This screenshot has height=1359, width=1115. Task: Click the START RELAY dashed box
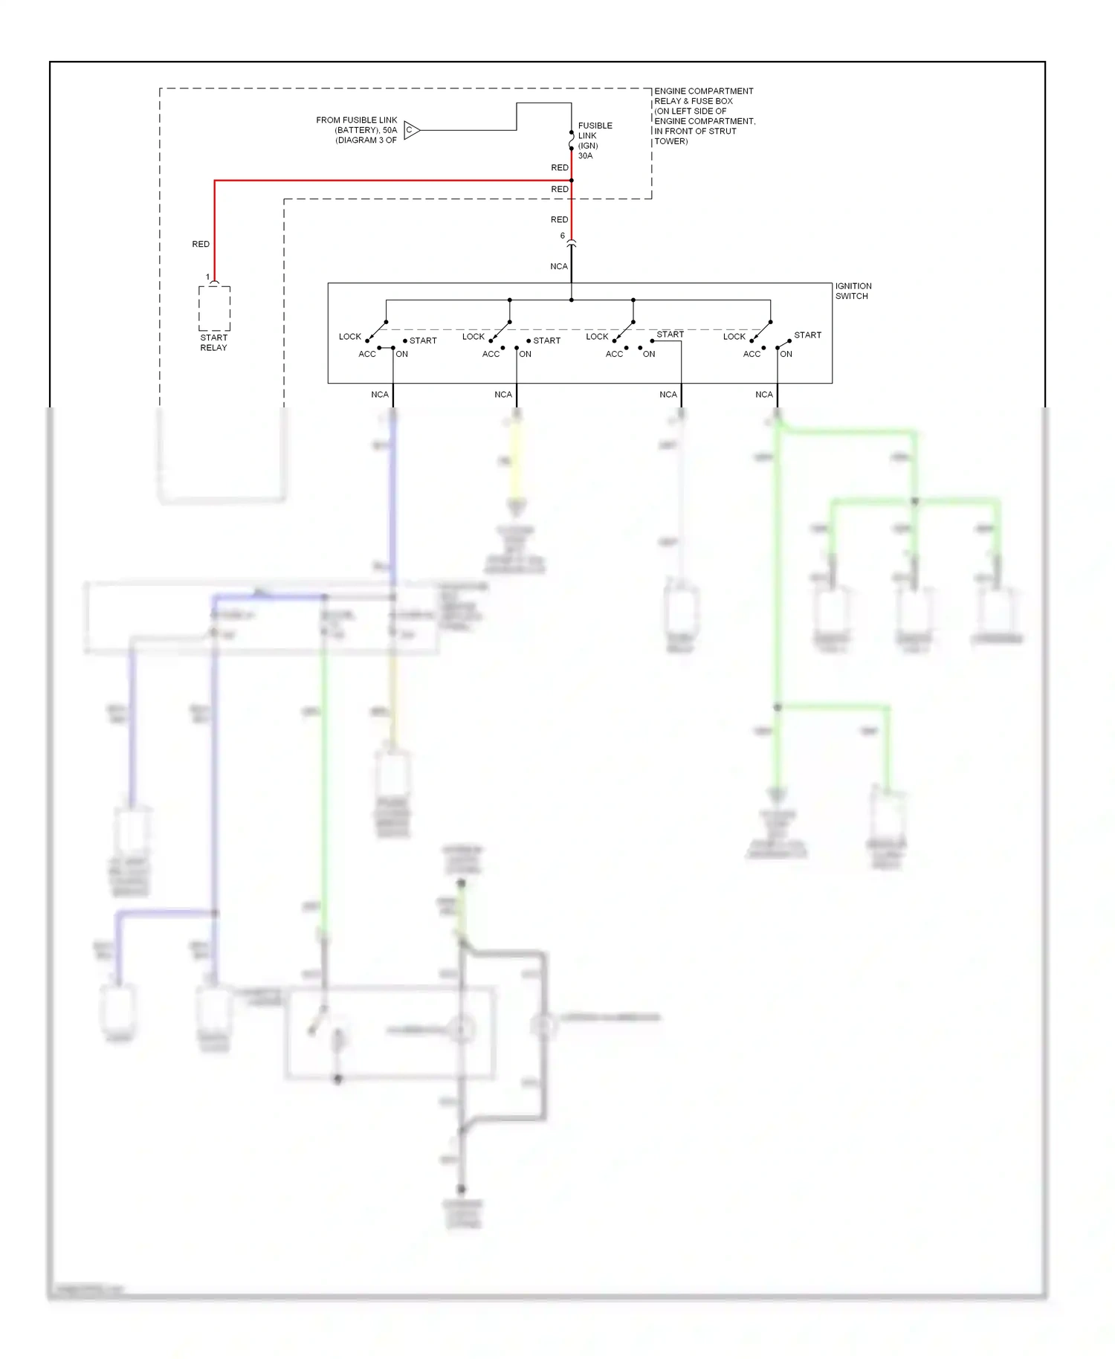(x=214, y=309)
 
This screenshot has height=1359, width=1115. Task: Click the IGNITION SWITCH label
(x=853, y=291)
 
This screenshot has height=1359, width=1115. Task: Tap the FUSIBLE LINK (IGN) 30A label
(x=594, y=141)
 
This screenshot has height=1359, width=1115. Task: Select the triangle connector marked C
(x=411, y=130)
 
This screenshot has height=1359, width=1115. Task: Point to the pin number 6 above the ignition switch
(x=563, y=236)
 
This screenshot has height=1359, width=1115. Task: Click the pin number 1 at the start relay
(x=207, y=277)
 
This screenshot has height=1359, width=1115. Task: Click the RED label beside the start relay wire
(x=201, y=244)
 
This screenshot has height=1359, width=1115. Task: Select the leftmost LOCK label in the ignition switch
(x=349, y=337)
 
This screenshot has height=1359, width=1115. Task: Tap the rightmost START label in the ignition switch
(x=807, y=335)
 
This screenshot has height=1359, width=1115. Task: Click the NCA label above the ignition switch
(x=558, y=266)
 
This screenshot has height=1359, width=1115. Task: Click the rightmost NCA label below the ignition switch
(x=763, y=395)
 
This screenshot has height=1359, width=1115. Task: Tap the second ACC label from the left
(x=491, y=354)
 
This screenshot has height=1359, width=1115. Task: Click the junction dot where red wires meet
(x=571, y=180)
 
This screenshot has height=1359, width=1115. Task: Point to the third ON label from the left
(x=648, y=354)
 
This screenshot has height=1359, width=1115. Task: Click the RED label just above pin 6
(x=559, y=219)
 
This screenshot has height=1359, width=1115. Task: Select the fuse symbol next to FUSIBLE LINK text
(x=571, y=141)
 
